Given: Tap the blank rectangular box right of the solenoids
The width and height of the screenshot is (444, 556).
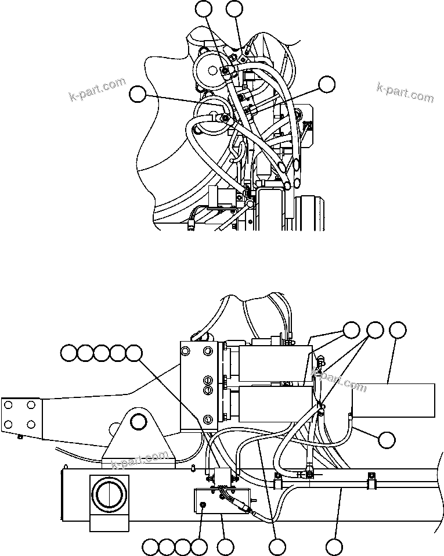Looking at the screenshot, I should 394,400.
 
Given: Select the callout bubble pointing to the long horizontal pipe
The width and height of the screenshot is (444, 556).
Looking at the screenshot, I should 333,546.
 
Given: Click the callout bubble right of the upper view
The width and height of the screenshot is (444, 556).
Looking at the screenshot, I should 327,84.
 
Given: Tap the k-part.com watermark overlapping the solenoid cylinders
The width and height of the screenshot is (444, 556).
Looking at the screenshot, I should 340,378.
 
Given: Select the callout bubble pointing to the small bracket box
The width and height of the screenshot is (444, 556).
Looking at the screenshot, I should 225,546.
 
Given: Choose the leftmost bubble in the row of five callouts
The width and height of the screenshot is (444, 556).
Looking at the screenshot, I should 69,353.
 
